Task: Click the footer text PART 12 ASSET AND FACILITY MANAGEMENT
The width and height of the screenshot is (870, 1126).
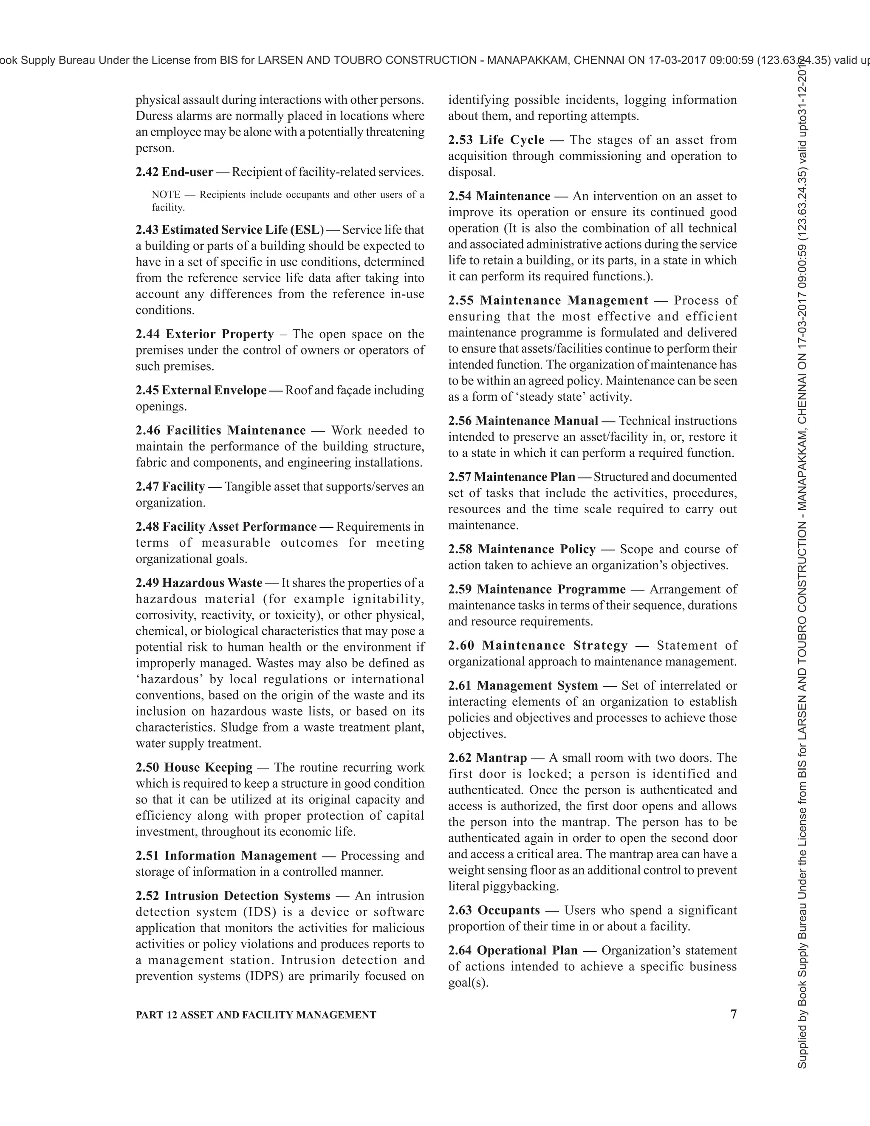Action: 256,1015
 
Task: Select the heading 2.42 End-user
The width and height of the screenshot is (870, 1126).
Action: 174,172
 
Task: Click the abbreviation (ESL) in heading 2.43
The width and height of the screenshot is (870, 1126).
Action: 307,229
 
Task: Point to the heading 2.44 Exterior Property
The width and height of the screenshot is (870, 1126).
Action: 205,334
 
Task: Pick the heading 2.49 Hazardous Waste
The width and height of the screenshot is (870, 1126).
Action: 199,583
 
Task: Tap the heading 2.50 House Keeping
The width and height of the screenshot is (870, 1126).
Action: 194,768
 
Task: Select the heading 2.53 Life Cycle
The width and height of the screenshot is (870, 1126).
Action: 496,140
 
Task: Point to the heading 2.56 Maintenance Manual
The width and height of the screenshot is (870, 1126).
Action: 523,421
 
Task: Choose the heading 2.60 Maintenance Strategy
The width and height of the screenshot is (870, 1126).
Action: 537,646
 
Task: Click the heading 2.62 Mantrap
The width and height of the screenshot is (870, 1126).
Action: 487,758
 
